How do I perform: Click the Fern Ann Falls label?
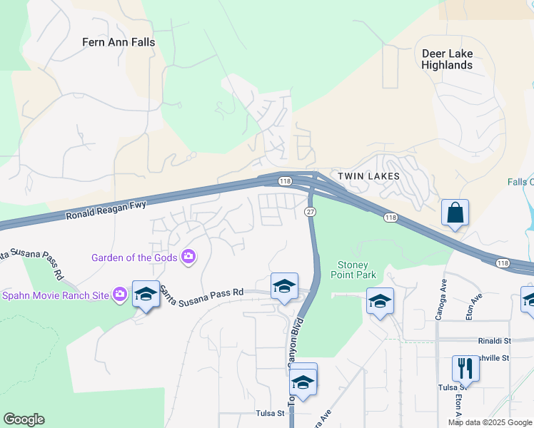click(x=119, y=42)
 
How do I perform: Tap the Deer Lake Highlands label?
click(x=447, y=59)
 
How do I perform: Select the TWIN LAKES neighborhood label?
click(x=368, y=175)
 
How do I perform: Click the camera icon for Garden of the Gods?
click(x=188, y=257)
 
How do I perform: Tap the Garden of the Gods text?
click(x=136, y=257)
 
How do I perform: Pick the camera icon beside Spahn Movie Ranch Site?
click(x=120, y=294)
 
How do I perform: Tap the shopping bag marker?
click(x=455, y=213)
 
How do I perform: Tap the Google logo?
click(x=24, y=419)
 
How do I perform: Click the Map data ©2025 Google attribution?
click(x=490, y=422)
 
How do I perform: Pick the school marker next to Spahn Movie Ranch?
click(x=146, y=295)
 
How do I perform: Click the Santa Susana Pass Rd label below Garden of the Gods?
click(x=202, y=291)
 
